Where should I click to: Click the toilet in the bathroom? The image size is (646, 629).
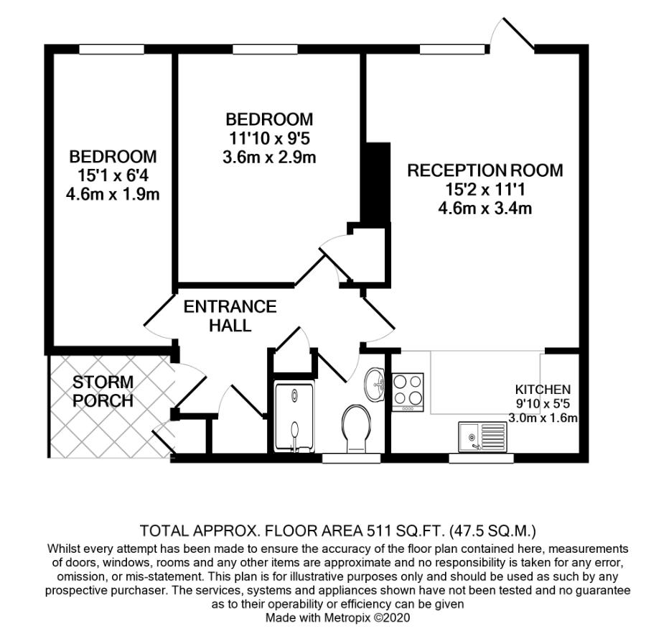[356, 428]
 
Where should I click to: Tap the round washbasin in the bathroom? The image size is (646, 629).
[375, 385]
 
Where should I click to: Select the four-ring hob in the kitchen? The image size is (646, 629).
[408, 392]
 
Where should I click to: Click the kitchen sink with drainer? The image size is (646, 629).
[482, 437]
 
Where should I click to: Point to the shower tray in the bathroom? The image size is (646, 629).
[294, 417]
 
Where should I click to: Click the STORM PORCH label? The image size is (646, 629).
[103, 391]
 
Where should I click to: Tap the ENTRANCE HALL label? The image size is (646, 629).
[230, 316]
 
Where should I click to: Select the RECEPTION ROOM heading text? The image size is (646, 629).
[485, 170]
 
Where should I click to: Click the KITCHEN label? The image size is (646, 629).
[543, 389]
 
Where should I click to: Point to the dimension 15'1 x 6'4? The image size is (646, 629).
[113, 175]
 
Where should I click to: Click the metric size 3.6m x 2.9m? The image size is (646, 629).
[269, 157]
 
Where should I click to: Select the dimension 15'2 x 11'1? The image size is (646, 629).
[485, 190]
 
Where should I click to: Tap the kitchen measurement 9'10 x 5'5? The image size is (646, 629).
[543, 403]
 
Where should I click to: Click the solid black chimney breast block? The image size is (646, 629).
[375, 183]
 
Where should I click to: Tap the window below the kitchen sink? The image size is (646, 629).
[481, 458]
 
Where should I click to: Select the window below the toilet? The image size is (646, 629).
[351, 458]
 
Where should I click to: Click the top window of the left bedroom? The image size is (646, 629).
[112, 49]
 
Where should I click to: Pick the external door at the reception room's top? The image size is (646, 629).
[512, 35]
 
